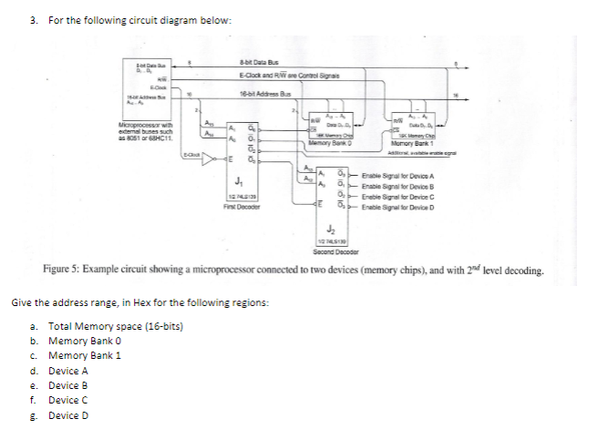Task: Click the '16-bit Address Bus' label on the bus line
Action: click(264, 94)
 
